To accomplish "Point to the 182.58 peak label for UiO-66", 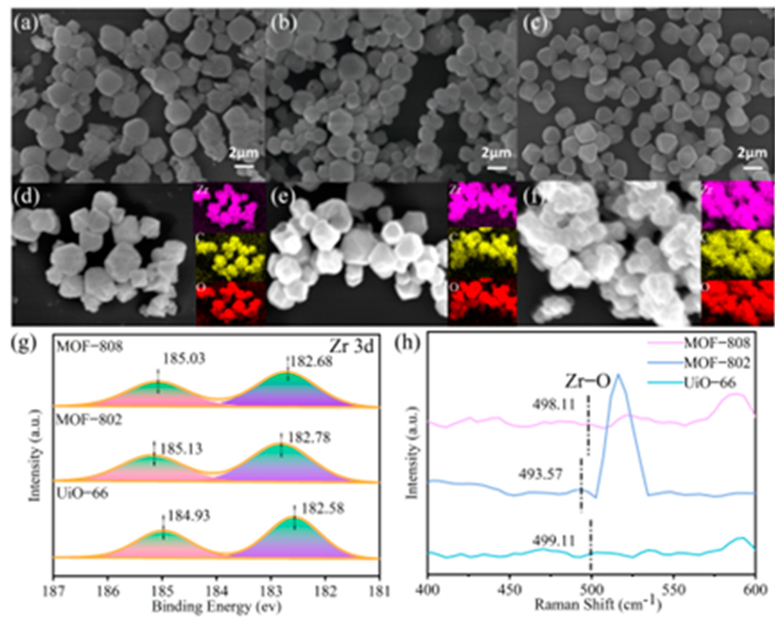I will pos(323,509).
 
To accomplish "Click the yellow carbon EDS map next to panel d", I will pos(230,256).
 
